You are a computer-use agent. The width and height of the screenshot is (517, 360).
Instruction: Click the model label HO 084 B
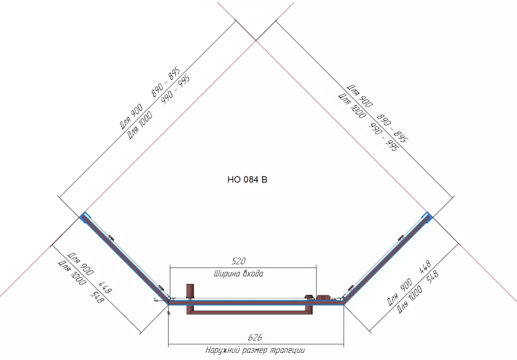(x=247, y=179)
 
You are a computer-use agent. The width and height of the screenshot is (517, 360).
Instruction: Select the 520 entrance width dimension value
(x=238, y=261)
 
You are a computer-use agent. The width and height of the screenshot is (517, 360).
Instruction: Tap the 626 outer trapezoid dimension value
(x=255, y=337)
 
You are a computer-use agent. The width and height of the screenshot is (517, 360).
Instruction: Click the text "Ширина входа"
(x=239, y=274)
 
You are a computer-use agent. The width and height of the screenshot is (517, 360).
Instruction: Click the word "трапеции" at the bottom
(x=287, y=350)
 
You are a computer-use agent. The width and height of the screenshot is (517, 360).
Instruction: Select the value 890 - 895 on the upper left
(x=166, y=82)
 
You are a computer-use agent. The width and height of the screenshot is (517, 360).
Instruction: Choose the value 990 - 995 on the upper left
(x=176, y=89)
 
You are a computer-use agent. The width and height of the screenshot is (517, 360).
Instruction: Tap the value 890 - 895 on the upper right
(x=393, y=128)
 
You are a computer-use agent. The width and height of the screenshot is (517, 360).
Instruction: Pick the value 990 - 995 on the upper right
(x=384, y=137)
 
